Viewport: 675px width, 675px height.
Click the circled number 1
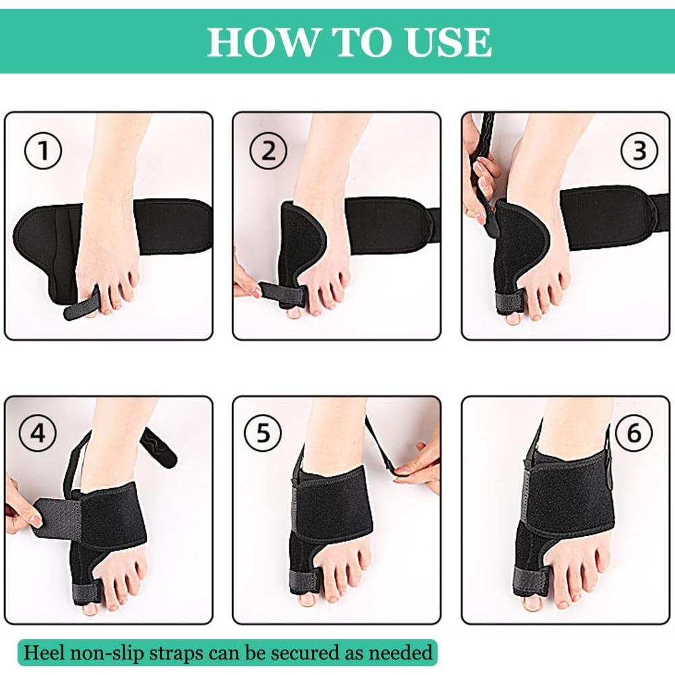[x=43, y=151]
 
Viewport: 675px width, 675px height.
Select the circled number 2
[x=268, y=151]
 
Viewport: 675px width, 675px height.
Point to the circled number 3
[x=639, y=151]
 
